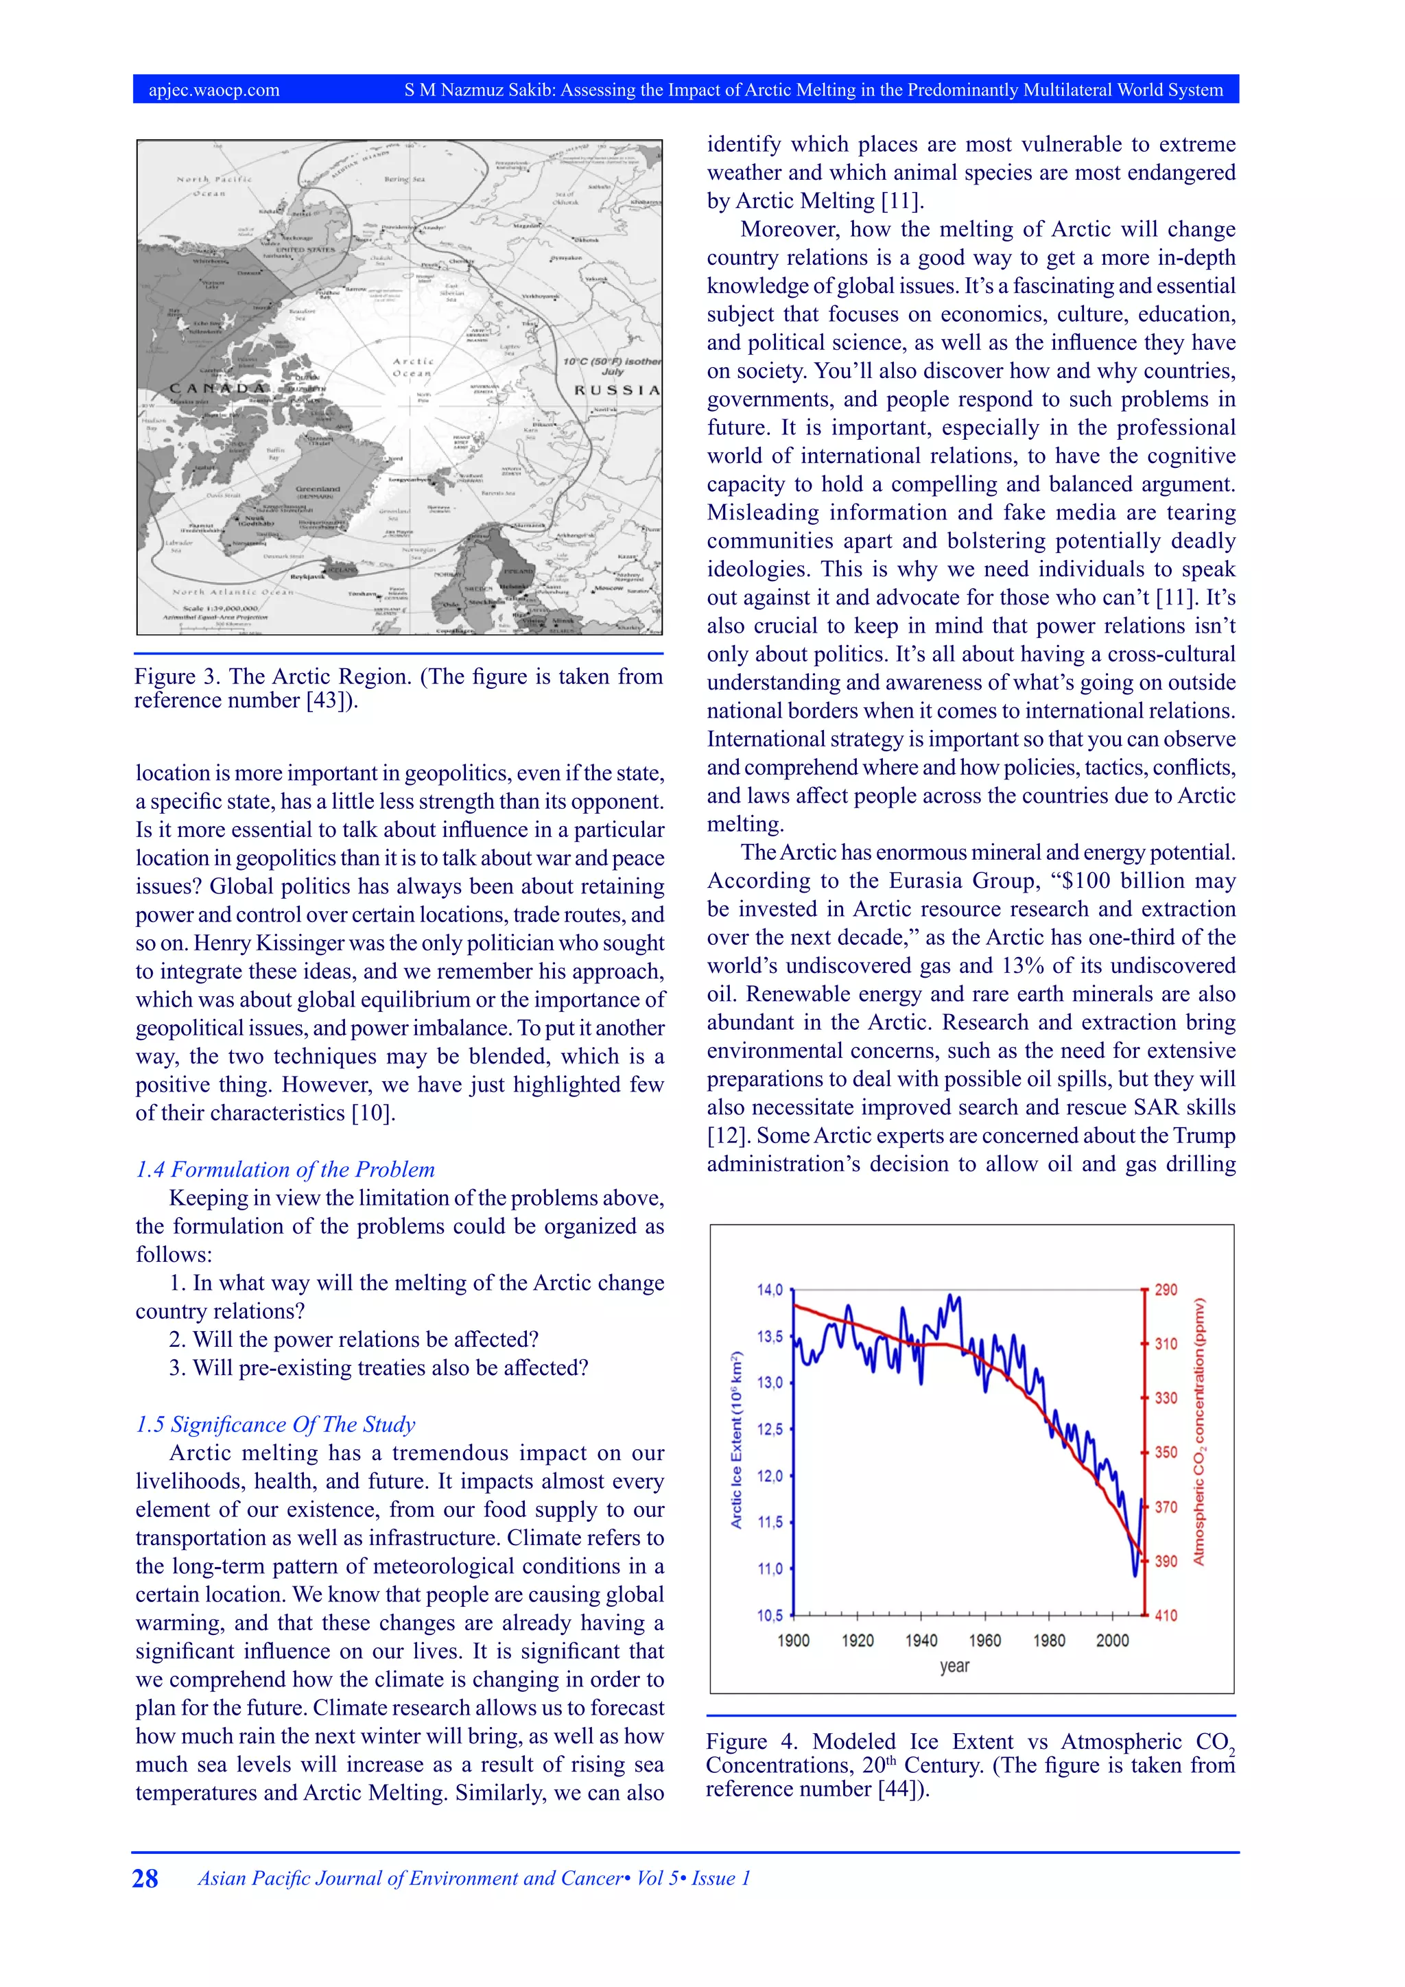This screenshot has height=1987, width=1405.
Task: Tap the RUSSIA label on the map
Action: tap(616, 390)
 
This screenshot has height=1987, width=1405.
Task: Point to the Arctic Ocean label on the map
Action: tap(413, 367)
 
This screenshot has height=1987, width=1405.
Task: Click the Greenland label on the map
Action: tap(318, 489)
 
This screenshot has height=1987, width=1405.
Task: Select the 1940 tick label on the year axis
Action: tap(921, 1640)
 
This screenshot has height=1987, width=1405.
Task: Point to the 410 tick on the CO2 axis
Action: tap(1166, 1615)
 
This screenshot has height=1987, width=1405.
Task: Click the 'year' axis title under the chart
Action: tap(954, 1666)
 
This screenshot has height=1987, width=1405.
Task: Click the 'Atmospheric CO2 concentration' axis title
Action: tap(1199, 1431)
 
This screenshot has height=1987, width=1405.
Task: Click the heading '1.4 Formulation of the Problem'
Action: tap(285, 1169)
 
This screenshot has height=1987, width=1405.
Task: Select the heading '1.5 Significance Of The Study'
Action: tap(275, 1424)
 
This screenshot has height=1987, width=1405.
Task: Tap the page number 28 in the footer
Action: tap(145, 1878)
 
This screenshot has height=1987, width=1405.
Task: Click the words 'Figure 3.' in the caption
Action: tap(176, 677)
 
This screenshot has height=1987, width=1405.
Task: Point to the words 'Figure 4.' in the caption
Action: tap(749, 1741)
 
